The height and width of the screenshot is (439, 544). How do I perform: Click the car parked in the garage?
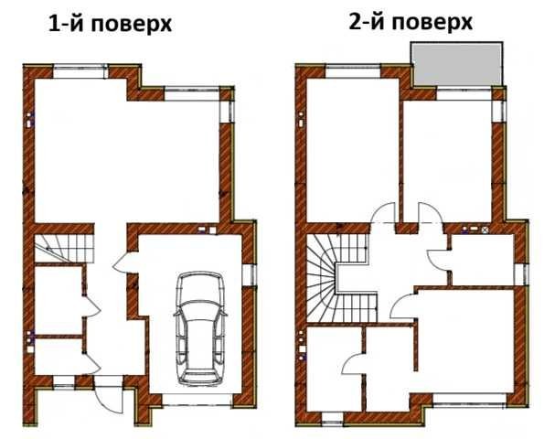pyautogui.click(x=199, y=328)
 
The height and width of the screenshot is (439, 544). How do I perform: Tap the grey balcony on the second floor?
pyautogui.click(x=456, y=64)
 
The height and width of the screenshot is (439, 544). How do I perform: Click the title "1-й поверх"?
pyautogui.click(x=110, y=25)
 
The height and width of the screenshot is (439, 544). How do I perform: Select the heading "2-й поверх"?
pyautogui.click(x=411, y=22)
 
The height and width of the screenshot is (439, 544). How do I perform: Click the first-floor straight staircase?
pyautogui.click(x=65, y=249)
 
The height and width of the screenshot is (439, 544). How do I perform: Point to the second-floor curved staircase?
pyautogui.click(x=338, y=278)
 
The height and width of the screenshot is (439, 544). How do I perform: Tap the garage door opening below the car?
pyautogui.click(x=197, y=400)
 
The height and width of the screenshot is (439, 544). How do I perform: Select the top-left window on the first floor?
pyautogui.click(x=80, y=71)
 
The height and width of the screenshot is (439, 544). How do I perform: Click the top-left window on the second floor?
pyautogui.click(x=353, y=71)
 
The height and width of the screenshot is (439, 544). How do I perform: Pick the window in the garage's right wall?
pyautogui.click(x=249, y=275)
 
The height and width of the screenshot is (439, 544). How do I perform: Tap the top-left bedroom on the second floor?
pyautogui.click(x=352, y=149)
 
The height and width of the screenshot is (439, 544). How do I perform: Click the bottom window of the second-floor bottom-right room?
pyautogui.click(x=469, y=400)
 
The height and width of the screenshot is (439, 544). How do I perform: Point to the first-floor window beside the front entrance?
pyautogui.click(x=64, y=381)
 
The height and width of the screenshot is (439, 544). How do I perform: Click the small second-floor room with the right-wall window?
pyautogui.click(x=482, y=260)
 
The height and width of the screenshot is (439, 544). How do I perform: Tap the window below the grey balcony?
pyautogui.click(x=464, y=94)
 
